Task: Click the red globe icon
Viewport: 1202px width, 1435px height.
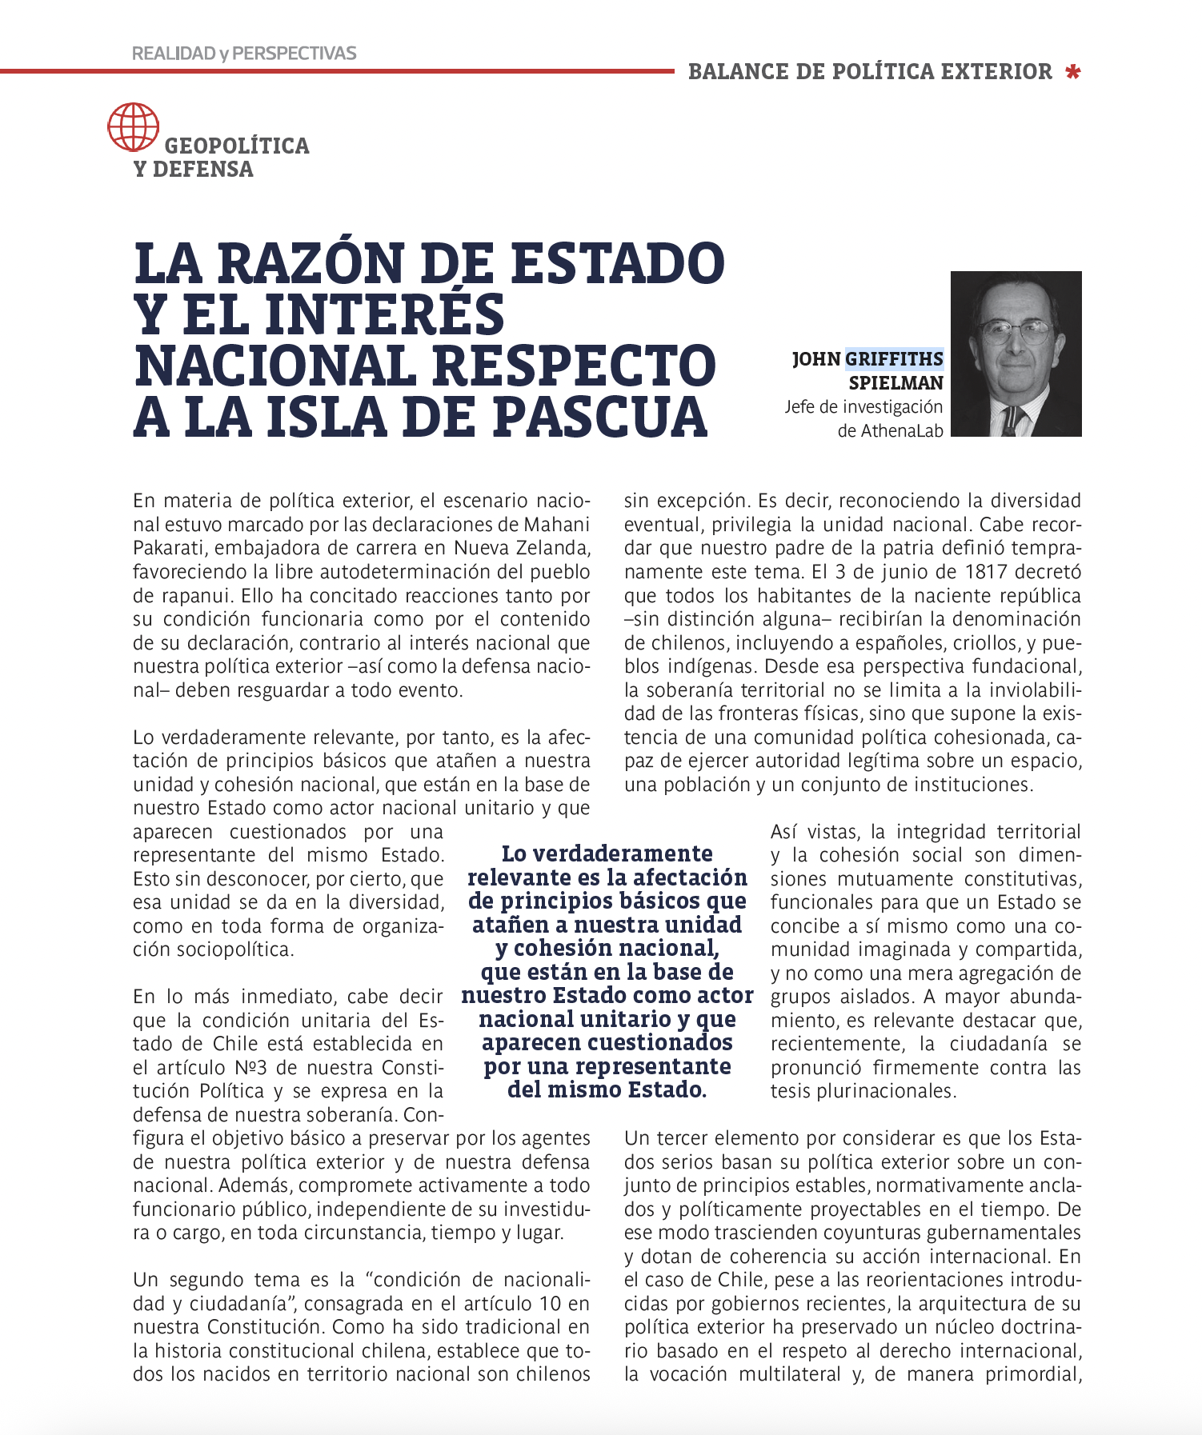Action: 133,127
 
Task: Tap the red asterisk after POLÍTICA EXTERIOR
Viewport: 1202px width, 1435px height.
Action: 1073,72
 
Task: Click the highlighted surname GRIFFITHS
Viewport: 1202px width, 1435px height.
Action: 894,359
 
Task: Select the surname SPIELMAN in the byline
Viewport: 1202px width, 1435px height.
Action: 895,383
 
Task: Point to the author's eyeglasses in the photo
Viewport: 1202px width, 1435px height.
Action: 1015,329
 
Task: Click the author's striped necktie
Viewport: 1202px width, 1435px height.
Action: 1011,419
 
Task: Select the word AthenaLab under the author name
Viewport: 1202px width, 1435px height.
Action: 902,431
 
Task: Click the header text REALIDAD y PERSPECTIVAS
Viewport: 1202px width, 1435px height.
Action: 244,54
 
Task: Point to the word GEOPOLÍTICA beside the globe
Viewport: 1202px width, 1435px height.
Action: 237,146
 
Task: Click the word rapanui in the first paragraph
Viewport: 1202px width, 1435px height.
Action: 196,596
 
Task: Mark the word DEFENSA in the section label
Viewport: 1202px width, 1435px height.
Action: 202,170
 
